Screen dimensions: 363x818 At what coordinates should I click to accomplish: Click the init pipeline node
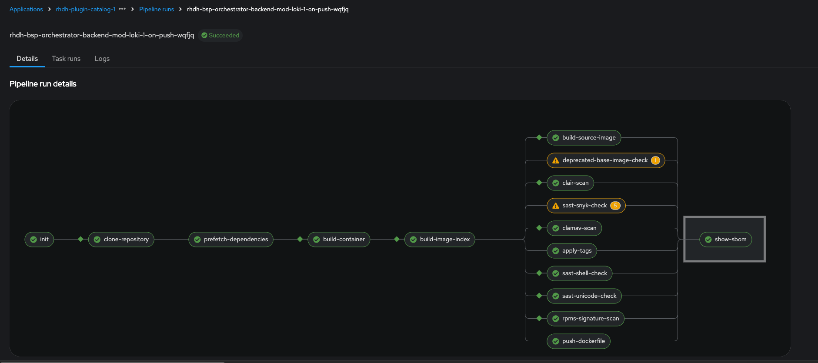39,240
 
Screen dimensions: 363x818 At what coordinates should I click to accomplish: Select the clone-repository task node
121,240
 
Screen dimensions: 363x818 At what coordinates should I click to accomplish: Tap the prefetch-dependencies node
231,240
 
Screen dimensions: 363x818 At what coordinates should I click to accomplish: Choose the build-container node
339,240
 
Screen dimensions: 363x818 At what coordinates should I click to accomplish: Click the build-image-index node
440,240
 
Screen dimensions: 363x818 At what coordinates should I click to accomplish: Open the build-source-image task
584,138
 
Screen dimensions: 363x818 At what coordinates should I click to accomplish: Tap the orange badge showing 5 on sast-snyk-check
615,206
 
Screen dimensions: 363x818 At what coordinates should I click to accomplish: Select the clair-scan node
570,183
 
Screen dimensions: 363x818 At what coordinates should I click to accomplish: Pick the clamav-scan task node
574,228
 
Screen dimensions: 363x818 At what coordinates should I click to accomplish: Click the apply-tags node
572,251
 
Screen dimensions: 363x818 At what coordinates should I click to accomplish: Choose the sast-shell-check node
579,273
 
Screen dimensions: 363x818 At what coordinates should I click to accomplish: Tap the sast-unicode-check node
584,296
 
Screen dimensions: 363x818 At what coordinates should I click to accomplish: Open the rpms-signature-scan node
585,319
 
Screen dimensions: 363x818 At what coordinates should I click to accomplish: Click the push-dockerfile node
578,341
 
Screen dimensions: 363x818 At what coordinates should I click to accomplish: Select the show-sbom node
725,240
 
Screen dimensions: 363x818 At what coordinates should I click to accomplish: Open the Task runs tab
66,59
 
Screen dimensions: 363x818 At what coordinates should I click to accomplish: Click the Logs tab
102,59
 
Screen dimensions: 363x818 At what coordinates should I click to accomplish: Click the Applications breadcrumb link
26,9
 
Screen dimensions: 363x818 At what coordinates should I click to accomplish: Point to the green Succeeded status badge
220,35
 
